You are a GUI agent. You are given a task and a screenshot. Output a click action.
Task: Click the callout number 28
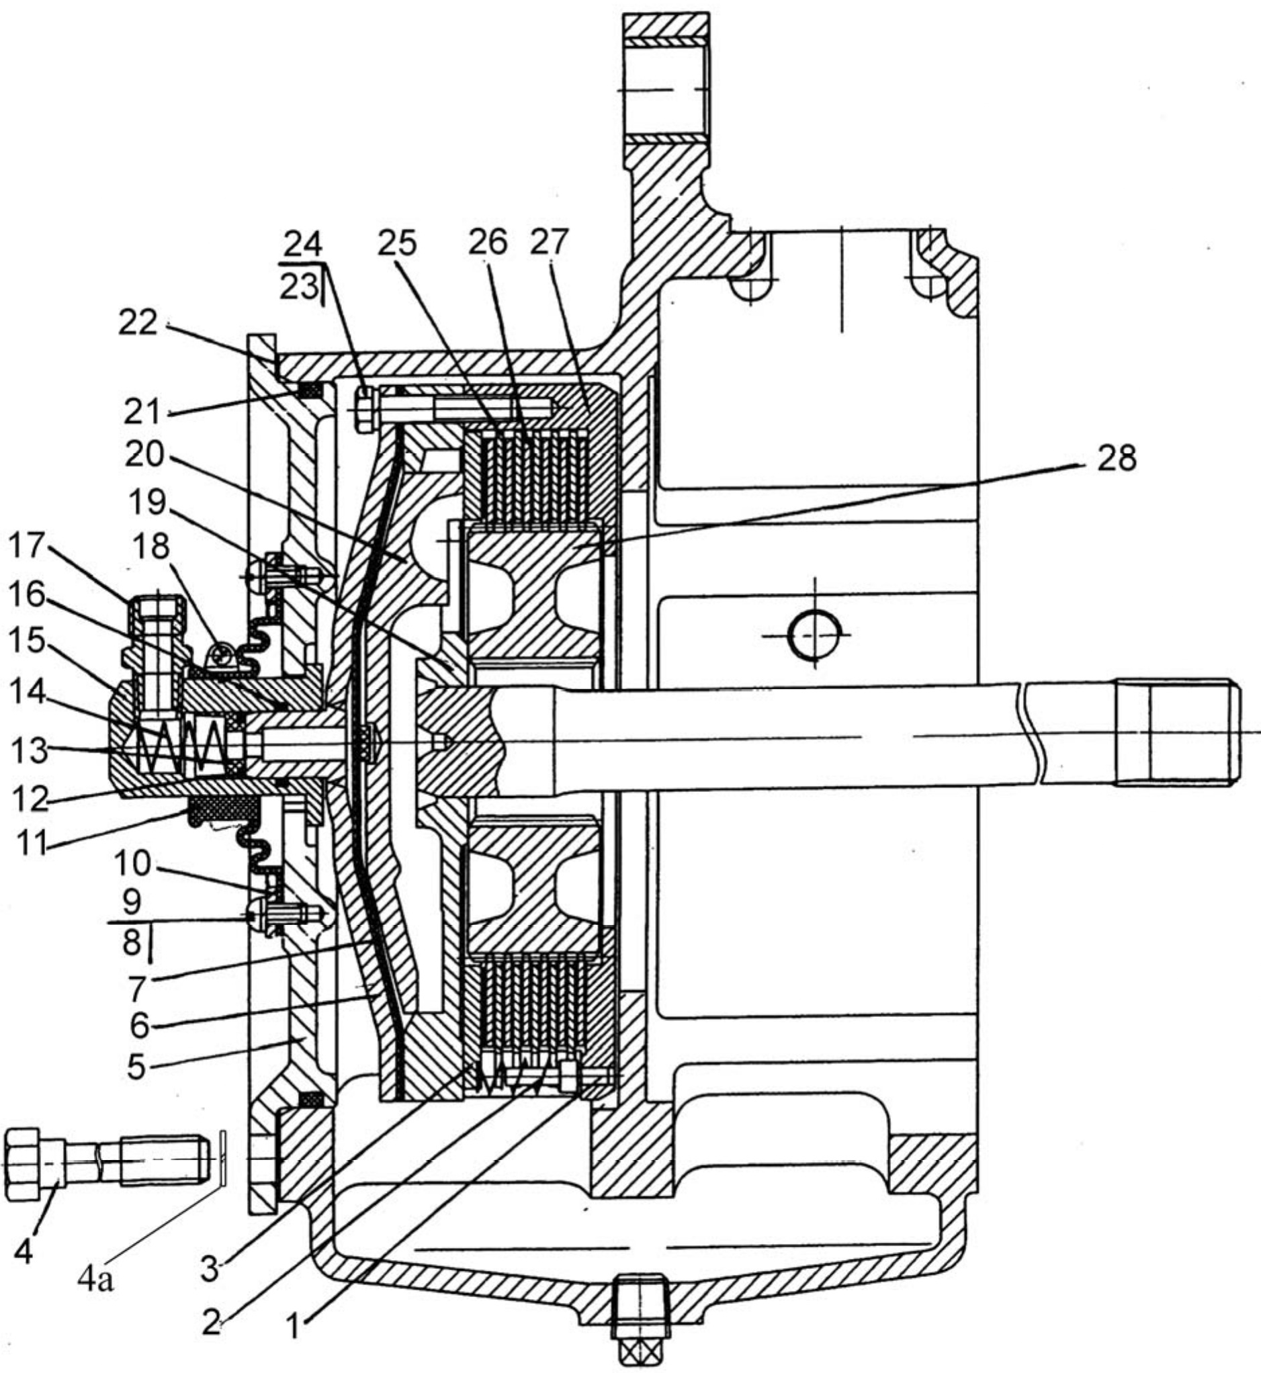[1117, 458]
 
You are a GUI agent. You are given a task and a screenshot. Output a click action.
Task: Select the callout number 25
[398, 242]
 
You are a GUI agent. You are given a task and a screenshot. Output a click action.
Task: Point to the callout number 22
[138, 324]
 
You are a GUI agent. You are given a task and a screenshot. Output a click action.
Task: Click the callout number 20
[144, 455]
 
